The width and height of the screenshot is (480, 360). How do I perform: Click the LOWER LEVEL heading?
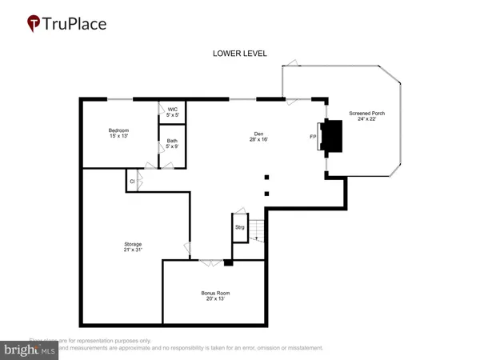click(x=240, y=54)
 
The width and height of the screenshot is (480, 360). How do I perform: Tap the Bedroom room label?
click(x=119, y=130)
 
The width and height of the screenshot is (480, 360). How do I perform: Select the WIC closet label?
click(x=172, y=110)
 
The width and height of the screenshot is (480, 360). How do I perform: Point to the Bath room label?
click(x=172, y=141)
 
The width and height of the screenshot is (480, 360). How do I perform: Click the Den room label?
click(x=258, y=134)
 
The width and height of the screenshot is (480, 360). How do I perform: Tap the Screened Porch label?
click(x=367, y=114)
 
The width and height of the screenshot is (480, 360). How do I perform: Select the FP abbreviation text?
click(x=313, y=136)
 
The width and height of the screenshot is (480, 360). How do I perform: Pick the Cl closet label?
click(x=131, y=182)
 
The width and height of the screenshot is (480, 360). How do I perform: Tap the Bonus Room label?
click(x=214, y=292)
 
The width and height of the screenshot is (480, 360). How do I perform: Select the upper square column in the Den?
click(x=268, y=178)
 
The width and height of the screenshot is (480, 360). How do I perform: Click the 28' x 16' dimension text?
click(x=258, y=140)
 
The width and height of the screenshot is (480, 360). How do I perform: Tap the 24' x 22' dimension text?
click(x=367, y=120)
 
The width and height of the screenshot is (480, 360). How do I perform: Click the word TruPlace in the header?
click(x=78, y=23)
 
